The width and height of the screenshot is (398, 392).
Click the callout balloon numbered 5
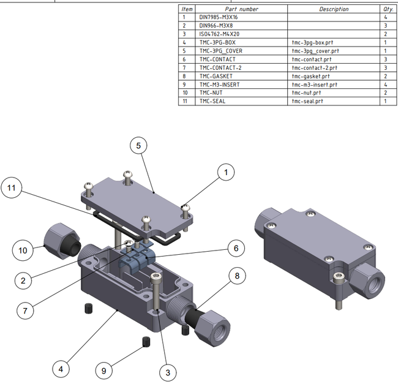[139, 146]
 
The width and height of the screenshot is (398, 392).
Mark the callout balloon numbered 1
[225, 173]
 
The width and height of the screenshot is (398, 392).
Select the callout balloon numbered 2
[23, 281]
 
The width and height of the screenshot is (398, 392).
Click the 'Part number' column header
[241, 9]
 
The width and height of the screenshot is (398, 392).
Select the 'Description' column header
[334, 9]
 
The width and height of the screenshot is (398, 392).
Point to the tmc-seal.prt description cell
[334, 100]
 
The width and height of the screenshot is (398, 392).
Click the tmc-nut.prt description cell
[334, 92]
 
